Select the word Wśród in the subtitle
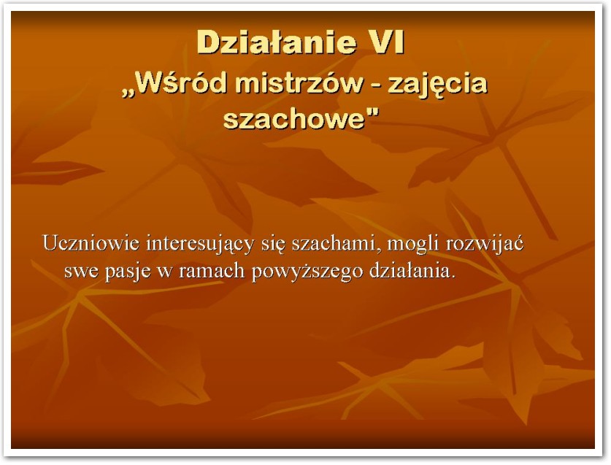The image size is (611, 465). click(x=180, y=82)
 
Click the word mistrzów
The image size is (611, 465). click(x=299, y=82)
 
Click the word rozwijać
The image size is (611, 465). click(x=485, y=244)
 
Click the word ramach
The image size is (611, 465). click(x=212, y=271)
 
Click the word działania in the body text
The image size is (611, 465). click(x=412, y=271)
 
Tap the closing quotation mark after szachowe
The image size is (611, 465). click(x=372, y=111)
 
